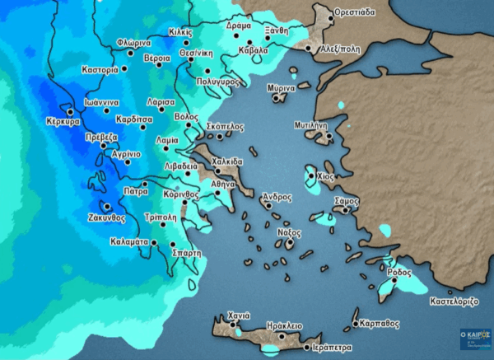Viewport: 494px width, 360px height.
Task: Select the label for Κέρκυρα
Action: point(63,121)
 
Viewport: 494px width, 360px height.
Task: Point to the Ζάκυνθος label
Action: point(106,218)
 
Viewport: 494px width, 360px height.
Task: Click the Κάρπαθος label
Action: point(380,324)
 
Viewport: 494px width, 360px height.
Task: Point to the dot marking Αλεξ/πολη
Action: point(310,48)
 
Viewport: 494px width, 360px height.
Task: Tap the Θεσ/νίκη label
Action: point(198,52)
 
